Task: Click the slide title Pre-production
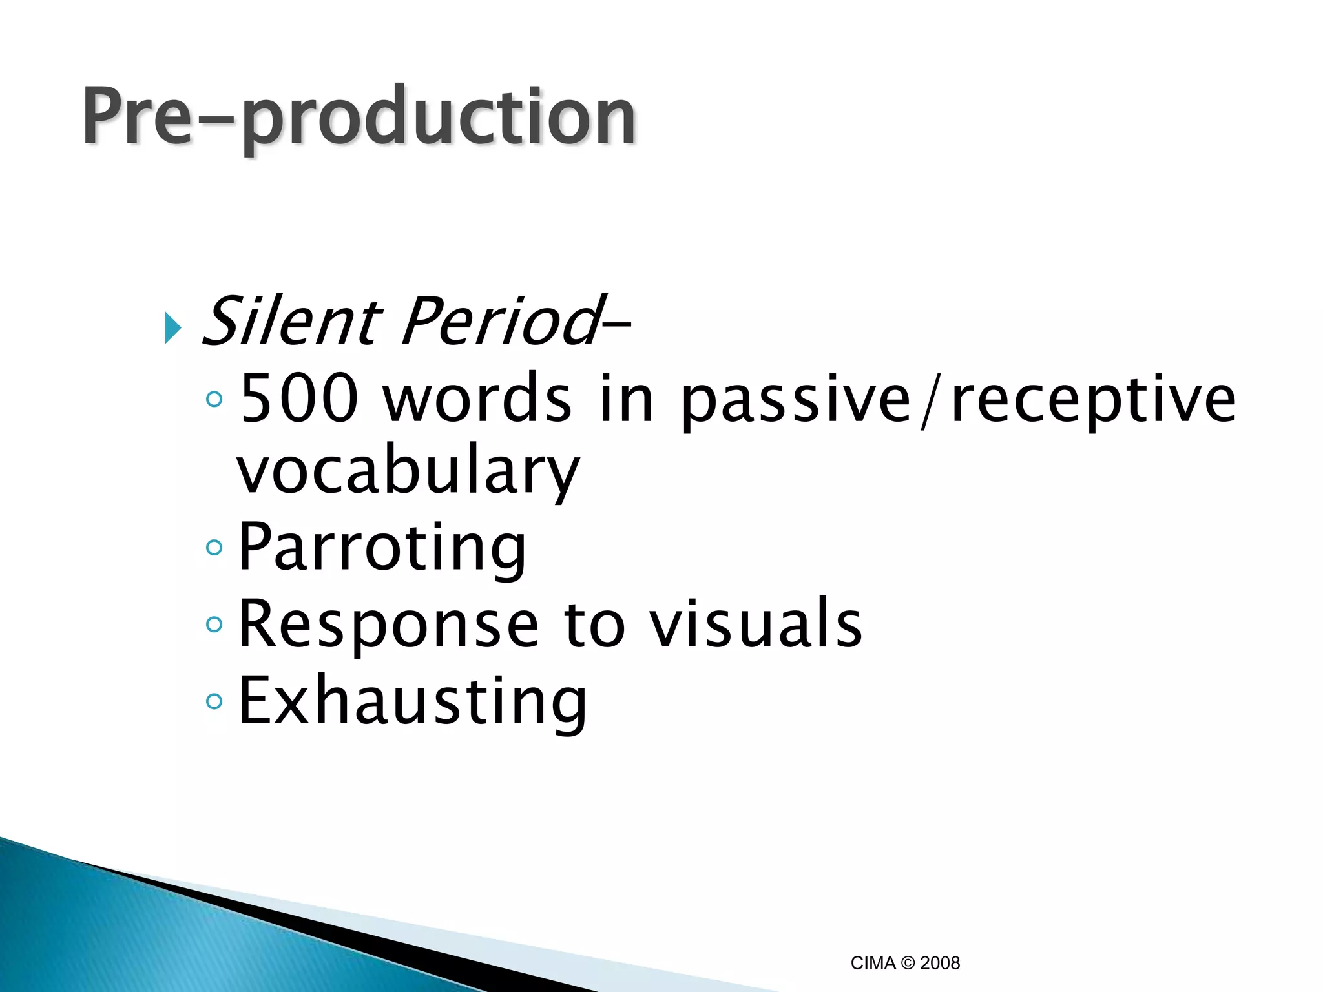pyautogui.click(x=359, y=118)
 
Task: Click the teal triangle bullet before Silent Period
pyautogui.click(x=172, y=327)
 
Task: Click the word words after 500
pyautogui.click(x=477, y=399)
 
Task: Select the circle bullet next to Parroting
pyautogui.click(x=214, y=548)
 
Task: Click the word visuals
pyautogui.click(x=755, y=624)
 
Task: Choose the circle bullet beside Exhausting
pyautogui.click(x=214, y=701)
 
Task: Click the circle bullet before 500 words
pyautogui.click(x=214, y=399)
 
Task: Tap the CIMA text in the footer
pyautogui.click(x=873, y=963)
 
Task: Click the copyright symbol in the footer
pyautogui.click(x=908, y=963)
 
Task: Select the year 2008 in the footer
pyautogui.click(x=940, y=963)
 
